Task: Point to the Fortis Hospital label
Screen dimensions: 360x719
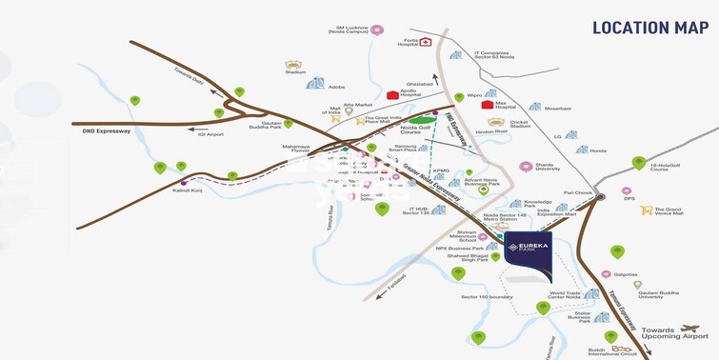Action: [x=409, y=43]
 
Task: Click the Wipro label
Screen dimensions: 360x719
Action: [x=473, y=95]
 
